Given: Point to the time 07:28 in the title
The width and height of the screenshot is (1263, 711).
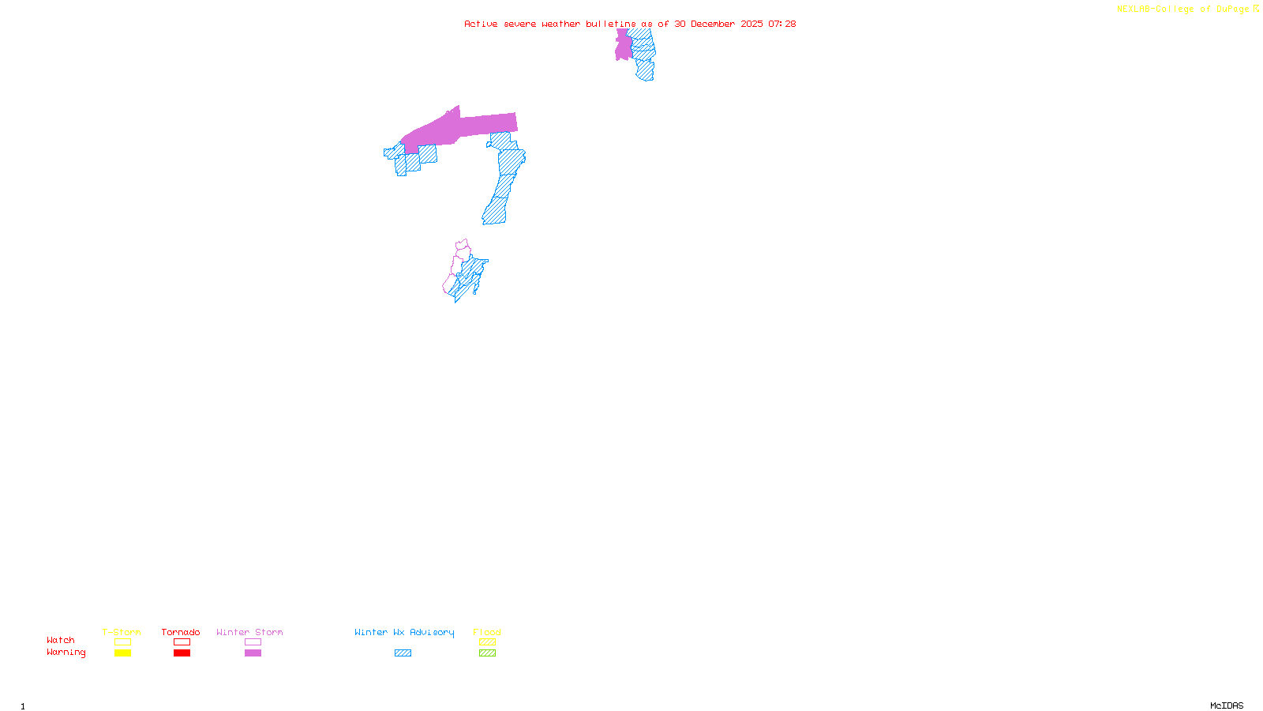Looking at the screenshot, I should (781, 24).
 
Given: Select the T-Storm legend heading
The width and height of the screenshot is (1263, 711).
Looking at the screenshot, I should (122, 632).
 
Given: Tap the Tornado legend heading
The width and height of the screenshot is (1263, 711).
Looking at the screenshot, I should (181, 632).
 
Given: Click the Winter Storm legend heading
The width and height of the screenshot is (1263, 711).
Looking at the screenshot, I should (249, 632).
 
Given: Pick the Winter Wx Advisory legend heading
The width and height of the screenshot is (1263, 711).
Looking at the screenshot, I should (404, 632).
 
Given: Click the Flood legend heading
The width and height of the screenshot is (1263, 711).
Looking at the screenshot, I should (487, 632).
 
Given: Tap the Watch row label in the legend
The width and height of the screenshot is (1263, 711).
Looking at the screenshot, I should (61, 641).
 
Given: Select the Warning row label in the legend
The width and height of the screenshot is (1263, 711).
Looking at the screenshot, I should (66, 653).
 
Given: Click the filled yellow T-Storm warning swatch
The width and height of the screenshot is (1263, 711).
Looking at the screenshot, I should (122, 653).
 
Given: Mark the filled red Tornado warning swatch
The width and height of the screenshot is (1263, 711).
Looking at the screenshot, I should (182, 653).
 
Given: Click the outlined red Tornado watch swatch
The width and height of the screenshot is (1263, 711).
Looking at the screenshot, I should (182, 642).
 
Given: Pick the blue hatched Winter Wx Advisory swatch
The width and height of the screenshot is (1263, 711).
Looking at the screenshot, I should (403, 653).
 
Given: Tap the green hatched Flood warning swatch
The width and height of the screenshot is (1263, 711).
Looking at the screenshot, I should (487, 653).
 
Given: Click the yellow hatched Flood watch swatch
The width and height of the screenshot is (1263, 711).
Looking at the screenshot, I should (487, 642).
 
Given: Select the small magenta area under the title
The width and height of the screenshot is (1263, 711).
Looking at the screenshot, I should (623, 46).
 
